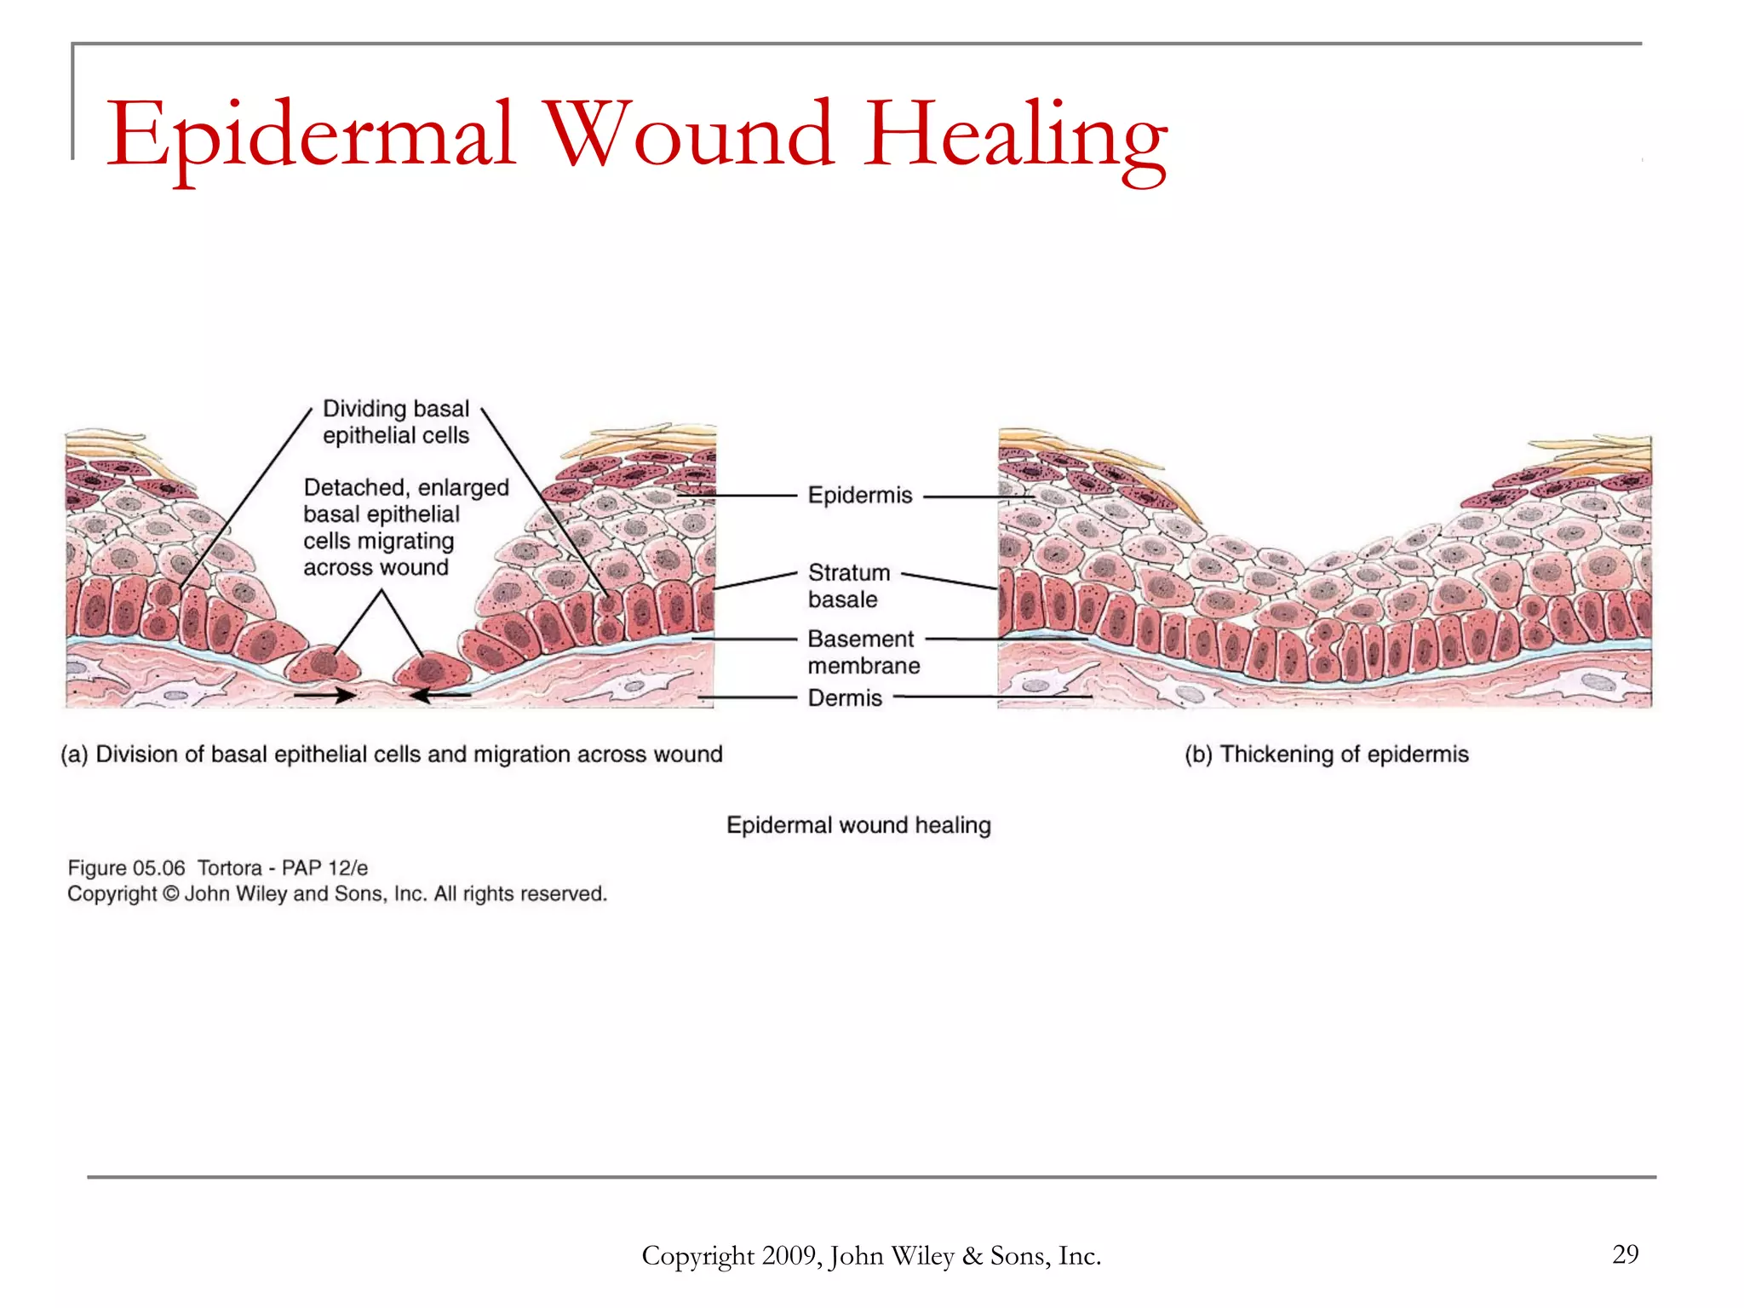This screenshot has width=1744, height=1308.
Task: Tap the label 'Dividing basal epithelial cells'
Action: [x=396, y=422]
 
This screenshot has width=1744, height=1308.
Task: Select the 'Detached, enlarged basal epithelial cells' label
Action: [x=405, y=527]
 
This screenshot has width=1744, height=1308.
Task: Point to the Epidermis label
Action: [x=859, y=495]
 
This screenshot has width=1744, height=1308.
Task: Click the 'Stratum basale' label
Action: [x=848, y=586]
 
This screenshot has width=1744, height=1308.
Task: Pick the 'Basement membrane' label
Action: [x=863, y=651]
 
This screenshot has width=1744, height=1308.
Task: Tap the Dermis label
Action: [x=845, y=698]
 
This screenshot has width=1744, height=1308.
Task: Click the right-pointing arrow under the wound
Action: [x=325, y=695]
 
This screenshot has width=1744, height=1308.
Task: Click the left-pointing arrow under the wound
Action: [x=440, y=695]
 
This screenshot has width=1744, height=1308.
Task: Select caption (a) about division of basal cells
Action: [x=392, y=754]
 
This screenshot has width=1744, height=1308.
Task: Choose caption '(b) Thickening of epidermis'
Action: [x=1327, y=754]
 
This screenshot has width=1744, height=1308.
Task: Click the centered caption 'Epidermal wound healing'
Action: [x=858, y=825]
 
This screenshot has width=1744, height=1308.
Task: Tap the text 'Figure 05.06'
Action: [x=126, y=868]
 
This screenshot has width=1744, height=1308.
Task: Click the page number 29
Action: [x=1625, y=1253]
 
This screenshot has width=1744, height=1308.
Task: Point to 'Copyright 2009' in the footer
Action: [x=731, y=1256]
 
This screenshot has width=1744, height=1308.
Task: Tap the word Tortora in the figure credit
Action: [x=230, y=868]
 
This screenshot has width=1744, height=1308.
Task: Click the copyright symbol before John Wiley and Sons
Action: [x=171, y=894]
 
